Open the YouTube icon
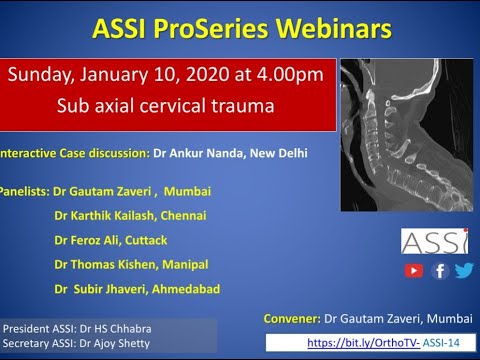click(x=414, y=270)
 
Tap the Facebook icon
click(x=440, y=270)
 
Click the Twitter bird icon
click(x=464, y=270)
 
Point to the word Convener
click(x=291, y=318)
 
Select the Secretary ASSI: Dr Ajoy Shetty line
click(x=79, y=343)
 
